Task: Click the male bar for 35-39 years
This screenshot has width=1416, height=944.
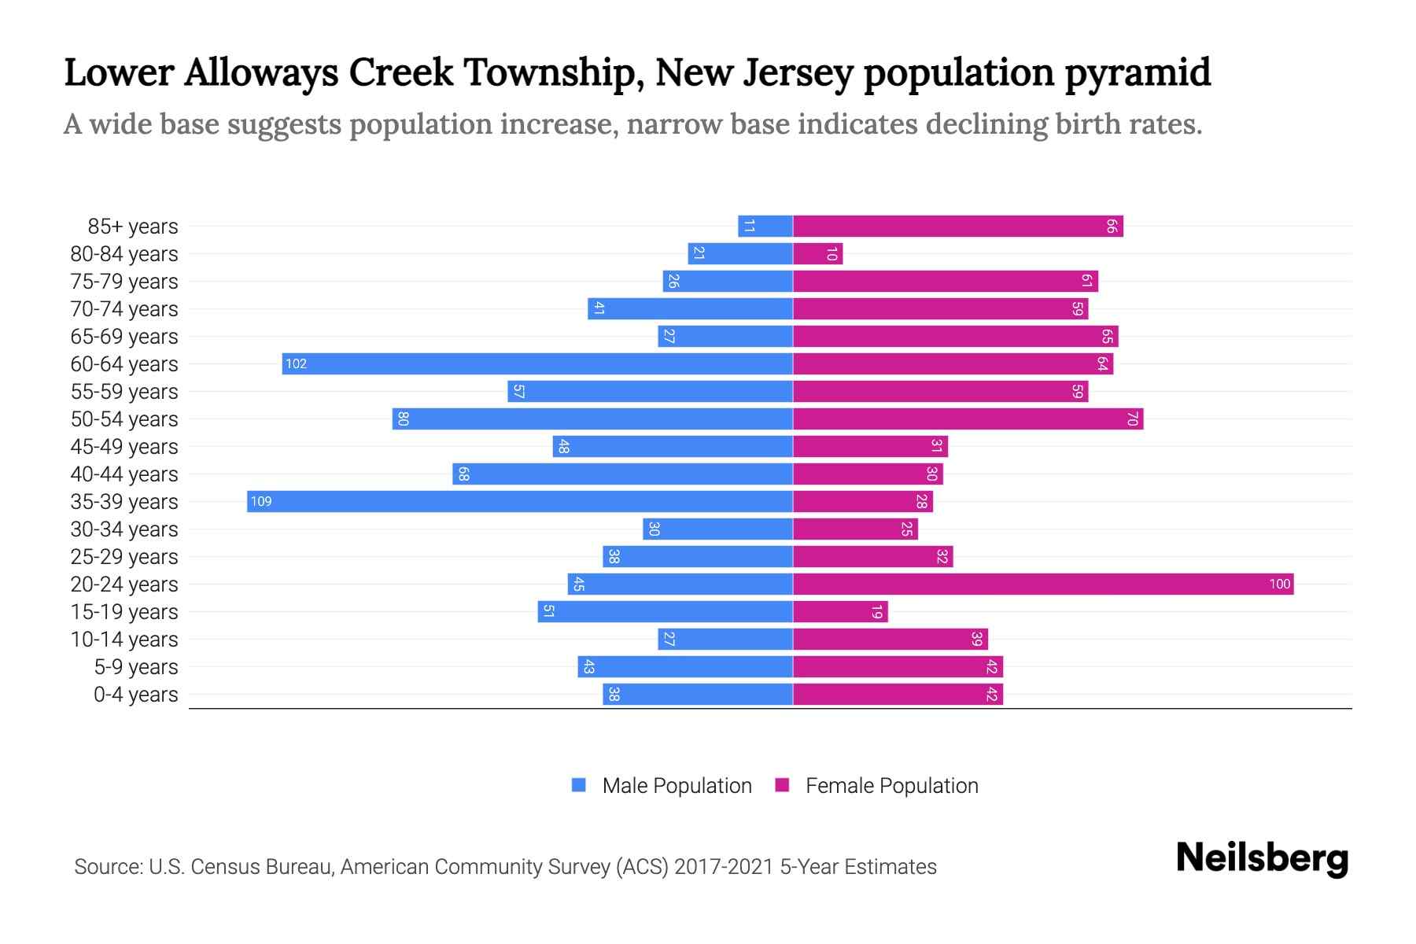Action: point(519,501)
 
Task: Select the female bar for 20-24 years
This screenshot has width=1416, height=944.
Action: point(1042,584)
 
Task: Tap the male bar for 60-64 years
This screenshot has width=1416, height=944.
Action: point(537,363)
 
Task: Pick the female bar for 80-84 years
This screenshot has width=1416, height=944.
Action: point(817,253)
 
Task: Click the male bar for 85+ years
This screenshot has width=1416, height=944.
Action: point(765,226)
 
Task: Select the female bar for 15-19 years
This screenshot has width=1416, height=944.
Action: point(840,611)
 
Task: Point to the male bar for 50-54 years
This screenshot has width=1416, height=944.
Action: point(592,419)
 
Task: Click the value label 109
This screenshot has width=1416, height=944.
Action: point(261,501)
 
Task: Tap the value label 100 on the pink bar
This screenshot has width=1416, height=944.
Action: point(1279,584)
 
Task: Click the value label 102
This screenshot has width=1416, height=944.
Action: point(296,363)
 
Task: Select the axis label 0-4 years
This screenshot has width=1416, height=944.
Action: point(135,695)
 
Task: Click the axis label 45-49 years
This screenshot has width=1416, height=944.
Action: point(124,447)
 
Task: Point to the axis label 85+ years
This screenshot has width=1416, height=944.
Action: point(133,227)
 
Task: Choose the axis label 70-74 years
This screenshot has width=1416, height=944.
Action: point(124,309)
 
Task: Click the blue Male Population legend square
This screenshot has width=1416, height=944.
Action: point(579,785)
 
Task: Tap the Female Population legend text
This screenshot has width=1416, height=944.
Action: point(891,785)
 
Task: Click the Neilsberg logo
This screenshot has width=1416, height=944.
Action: point(1262,858)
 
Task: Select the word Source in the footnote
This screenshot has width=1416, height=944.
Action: point(107,867)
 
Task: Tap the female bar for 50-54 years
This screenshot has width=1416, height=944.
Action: point(968,419)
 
